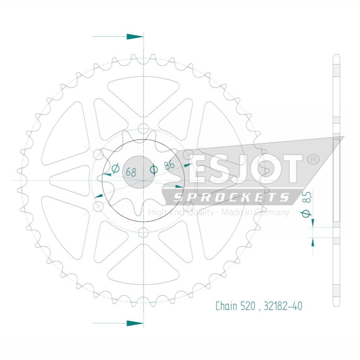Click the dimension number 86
click(169, 165)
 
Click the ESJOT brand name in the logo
click(245, 169)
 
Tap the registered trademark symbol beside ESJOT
click(312, 159)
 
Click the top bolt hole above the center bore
click(144, 129)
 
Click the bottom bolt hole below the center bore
click(144, 232)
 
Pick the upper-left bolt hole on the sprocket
click(98, 154)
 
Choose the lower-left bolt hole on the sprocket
click(98, 206)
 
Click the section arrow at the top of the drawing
click(135, 37)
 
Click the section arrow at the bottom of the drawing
click(135, 323)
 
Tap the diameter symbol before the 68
click(116, 168)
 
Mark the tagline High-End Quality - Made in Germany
click(219, 212)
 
